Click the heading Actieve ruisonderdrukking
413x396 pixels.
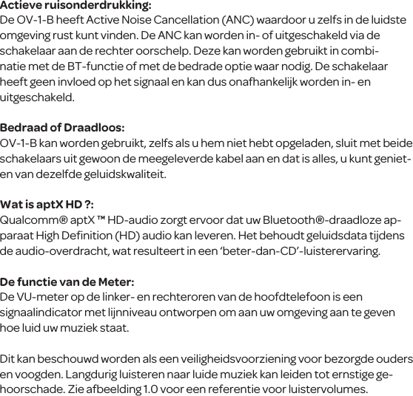pyautogui.click(x=75, y=6)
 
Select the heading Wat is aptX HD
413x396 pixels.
pyautogui.click(x=46, y=205)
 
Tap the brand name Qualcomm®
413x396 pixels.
pyautogui.click(x=35, y=220)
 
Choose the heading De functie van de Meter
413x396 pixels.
pyautogui.click(x=67, y=281)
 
